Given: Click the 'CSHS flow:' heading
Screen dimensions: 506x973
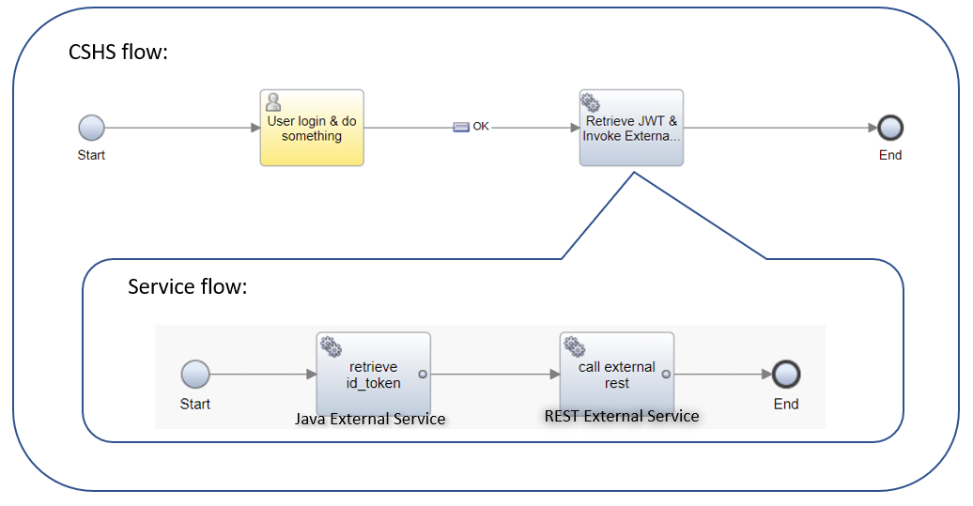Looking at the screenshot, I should point(118,53).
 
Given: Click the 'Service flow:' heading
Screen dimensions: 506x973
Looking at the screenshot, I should point(187,286).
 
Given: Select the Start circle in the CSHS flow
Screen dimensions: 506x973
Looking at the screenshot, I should point(91,128).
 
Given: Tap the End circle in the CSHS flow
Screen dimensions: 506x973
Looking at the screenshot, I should point(889,128).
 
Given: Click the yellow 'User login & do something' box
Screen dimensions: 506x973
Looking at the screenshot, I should point(312,129).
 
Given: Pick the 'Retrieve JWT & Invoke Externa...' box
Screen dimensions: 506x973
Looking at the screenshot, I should point(631,129).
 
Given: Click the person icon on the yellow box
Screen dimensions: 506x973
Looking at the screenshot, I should point(273,101).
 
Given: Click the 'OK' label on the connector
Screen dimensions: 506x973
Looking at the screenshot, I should point(480,127).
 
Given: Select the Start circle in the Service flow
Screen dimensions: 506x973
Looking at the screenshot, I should point(194,374).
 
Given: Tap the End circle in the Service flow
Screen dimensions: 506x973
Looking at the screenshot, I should point(785,374).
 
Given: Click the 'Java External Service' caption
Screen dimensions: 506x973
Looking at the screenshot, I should point(370,419).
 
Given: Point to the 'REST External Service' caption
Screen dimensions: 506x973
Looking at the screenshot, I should point(622,415).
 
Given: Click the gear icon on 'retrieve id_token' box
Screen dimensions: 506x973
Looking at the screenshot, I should point(331,345).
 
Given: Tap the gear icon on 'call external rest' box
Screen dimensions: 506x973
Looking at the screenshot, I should point(574,345).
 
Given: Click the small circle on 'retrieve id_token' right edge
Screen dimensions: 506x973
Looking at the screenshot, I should point(422,374).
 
